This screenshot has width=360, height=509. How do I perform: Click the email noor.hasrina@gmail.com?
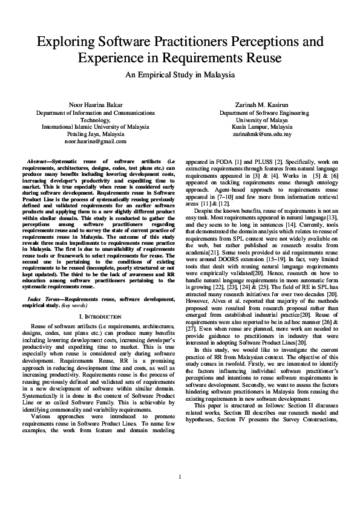[96, 141]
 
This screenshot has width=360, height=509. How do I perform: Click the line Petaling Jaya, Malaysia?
[96, 134]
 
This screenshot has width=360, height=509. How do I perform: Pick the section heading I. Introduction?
[96, 316]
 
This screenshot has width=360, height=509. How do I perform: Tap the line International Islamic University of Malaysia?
[96, 126]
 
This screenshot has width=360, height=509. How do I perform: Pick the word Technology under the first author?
[96, 119]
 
